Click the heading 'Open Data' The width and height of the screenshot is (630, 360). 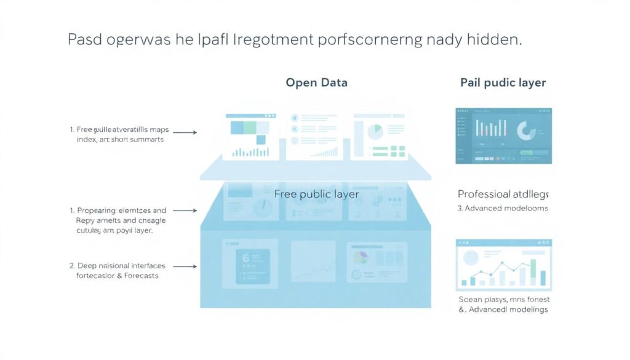click(316, 82)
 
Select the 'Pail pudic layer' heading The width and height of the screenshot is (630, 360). click(503, 82)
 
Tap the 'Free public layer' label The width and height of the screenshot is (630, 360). click(316, 194)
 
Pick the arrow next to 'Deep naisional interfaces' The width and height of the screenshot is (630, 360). click(185, 266)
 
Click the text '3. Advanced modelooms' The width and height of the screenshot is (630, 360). click(502, 208)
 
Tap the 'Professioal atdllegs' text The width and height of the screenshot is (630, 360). click(503, 194)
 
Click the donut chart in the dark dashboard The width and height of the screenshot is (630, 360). click(527, 130)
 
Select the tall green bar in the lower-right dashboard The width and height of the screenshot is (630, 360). click(533, 271)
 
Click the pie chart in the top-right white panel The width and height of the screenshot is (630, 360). click(375, 131)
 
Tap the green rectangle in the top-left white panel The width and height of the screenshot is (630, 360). click(249, 127)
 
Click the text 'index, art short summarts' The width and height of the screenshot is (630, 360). click(121, 140)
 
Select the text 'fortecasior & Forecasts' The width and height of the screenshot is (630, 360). click(118, 276)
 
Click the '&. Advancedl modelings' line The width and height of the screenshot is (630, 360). click(503, 309)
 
